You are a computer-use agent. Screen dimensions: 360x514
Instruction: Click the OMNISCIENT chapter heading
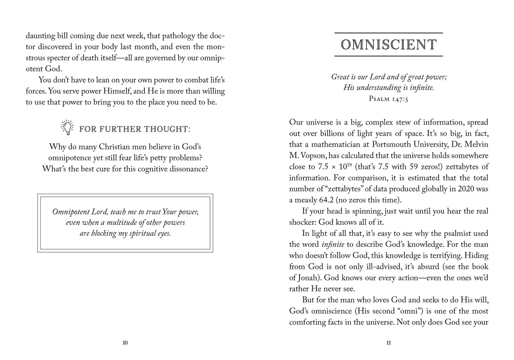pos(388,45)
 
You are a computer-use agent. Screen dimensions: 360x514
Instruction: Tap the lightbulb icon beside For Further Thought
pos(67,128)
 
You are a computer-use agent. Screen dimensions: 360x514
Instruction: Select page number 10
pos(125,343)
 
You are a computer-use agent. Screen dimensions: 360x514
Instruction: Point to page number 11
pos(388,343)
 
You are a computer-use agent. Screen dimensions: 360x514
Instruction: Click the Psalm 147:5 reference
pos(388,99)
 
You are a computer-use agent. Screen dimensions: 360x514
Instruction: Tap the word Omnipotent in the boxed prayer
pos(72,212)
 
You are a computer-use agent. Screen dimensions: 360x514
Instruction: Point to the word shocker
pos(302,222)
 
